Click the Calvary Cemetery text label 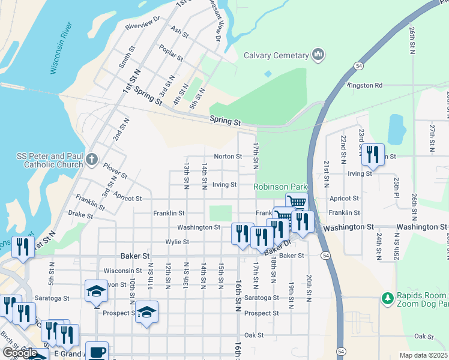point(276,56)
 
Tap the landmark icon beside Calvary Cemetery point(318,56)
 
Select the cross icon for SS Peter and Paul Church point(91,160)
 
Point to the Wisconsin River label point(62,48)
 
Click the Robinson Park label point(280,187)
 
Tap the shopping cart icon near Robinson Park point(297,202)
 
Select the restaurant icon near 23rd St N point(373,154)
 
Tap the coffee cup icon point(97,352)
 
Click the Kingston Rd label point(366,86)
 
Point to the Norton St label point(228,157)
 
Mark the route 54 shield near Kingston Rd point(358,65)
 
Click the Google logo point(20,352)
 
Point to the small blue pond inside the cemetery point(268,74)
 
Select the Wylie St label point(177,242)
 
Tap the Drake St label point(80,214)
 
